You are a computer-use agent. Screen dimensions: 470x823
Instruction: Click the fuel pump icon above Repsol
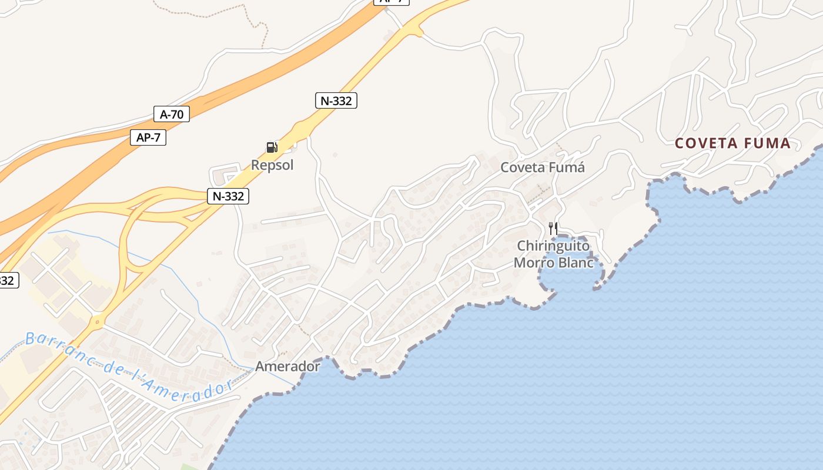click(272, 147)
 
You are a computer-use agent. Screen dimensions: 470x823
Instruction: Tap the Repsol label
click(272, 165)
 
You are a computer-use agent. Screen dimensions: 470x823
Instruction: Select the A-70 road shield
click(172, 114)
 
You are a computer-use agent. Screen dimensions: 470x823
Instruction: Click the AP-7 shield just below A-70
click(148, 137)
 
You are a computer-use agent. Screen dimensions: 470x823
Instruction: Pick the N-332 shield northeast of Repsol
click(336, 100)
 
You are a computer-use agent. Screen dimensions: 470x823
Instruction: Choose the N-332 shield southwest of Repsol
click(228, 196)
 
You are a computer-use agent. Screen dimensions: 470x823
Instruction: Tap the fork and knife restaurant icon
click(553, 228)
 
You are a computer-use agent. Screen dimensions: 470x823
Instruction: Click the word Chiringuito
click(553, 246)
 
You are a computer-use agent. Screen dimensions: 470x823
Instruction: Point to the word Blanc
click(574, 263)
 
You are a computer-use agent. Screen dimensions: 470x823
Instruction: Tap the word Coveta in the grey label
click(523, 167)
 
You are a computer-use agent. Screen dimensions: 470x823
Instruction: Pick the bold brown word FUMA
click(767, 143)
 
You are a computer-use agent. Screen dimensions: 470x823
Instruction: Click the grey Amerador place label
click(287, 367)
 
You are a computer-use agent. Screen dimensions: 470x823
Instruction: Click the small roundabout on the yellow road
click(97, 321)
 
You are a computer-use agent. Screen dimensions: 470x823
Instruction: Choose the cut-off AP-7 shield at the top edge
click(392, 2)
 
